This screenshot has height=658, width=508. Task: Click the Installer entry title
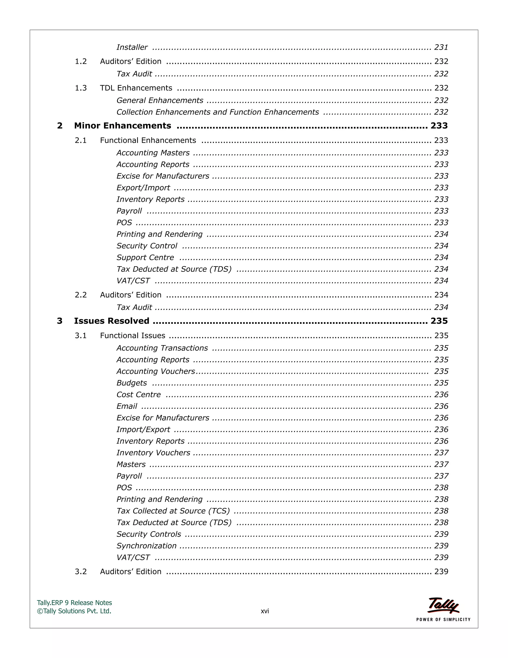(132, 47)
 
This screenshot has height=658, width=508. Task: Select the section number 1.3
(81, 88)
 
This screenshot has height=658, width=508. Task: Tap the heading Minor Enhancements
(123, 126)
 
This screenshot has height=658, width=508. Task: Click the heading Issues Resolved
(111, 321)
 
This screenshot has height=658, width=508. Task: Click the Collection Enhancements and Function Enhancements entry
(217, 112)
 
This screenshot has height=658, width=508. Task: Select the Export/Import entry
(143, 188)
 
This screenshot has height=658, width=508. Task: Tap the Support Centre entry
(145, 257)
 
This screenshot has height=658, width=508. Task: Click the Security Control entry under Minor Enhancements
(147, 246)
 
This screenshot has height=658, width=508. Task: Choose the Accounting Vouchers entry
(156, 371)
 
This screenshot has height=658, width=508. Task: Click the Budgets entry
(131, 383)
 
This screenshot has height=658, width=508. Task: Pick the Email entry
(127, 406)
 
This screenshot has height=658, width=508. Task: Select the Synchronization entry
(146, 546)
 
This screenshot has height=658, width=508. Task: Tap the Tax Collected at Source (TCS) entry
(173, 511)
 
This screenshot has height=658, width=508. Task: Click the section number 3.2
(81, 572)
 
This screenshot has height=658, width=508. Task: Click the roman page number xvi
(264, 611)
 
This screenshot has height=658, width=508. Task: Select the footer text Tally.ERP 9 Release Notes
(74, 603)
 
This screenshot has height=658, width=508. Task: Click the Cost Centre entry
(138, 395)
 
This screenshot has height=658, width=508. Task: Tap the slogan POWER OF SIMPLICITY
(443, 620)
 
